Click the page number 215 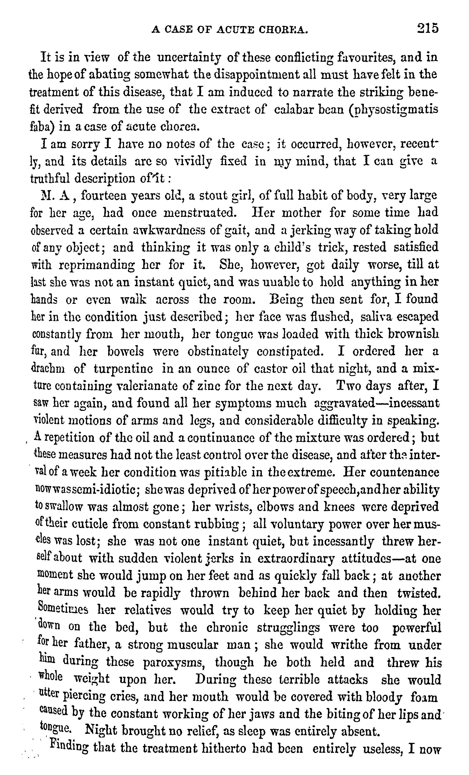[x=427, y=28]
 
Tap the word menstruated [x=200, y=213]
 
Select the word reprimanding [x=97, y=265]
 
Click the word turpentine [x=123, y=369]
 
